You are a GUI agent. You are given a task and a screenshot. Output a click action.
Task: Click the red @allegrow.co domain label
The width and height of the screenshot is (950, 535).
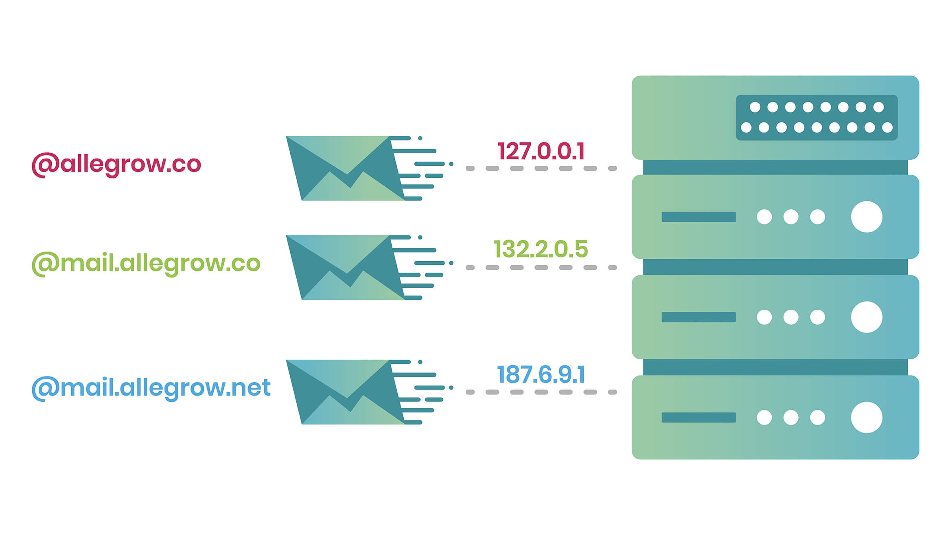(x=116, y=164)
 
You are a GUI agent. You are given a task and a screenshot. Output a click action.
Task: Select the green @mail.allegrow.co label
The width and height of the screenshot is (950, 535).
(x=146, y=263)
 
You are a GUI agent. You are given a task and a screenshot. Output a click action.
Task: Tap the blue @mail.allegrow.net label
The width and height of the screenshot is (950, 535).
(x=151, y=387)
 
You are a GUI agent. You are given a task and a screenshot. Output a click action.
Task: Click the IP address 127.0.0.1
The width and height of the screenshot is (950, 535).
(x=541, y=151)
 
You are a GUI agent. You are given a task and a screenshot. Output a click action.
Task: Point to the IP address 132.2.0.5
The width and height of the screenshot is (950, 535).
(x=541, y=249)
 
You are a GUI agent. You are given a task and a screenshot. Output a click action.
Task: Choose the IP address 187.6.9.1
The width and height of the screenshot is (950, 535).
(x=541, y=374)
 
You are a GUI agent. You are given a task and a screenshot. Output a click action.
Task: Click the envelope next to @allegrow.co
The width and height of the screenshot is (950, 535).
(x=346, y=168)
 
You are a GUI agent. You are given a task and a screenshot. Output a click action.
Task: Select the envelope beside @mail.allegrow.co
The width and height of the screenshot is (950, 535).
(x=346, y=267)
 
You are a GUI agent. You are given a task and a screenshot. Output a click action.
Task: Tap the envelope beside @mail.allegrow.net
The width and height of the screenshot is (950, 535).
(x=346, y=392)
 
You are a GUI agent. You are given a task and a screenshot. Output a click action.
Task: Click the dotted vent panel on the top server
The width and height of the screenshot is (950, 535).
(x=816, y=117)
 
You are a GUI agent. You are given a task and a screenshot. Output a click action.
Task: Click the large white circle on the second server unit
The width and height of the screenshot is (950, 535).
(x=867, y=217)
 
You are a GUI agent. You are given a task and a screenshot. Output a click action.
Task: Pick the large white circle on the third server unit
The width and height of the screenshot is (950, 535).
(x=867, y=317)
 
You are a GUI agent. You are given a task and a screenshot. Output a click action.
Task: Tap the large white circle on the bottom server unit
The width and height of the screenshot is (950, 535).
(x=867, y=417)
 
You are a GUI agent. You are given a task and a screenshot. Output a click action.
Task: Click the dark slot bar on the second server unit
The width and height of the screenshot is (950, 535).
(x=698, y=217)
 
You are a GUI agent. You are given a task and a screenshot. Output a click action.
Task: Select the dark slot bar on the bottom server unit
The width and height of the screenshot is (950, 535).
(x=698, y=417)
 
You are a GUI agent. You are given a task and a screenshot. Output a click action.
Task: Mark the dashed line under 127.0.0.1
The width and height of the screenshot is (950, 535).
(x=541, y=168)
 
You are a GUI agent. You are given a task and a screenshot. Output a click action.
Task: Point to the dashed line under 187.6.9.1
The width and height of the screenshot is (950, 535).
(x=541, y=392)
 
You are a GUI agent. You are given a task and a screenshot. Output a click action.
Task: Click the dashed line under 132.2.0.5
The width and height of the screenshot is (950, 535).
(x=541, y=268)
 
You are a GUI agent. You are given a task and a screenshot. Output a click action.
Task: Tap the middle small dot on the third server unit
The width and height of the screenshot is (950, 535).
(x=791, y=317)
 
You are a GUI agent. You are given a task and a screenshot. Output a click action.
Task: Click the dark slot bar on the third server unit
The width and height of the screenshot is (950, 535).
(x=698, y=317)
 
